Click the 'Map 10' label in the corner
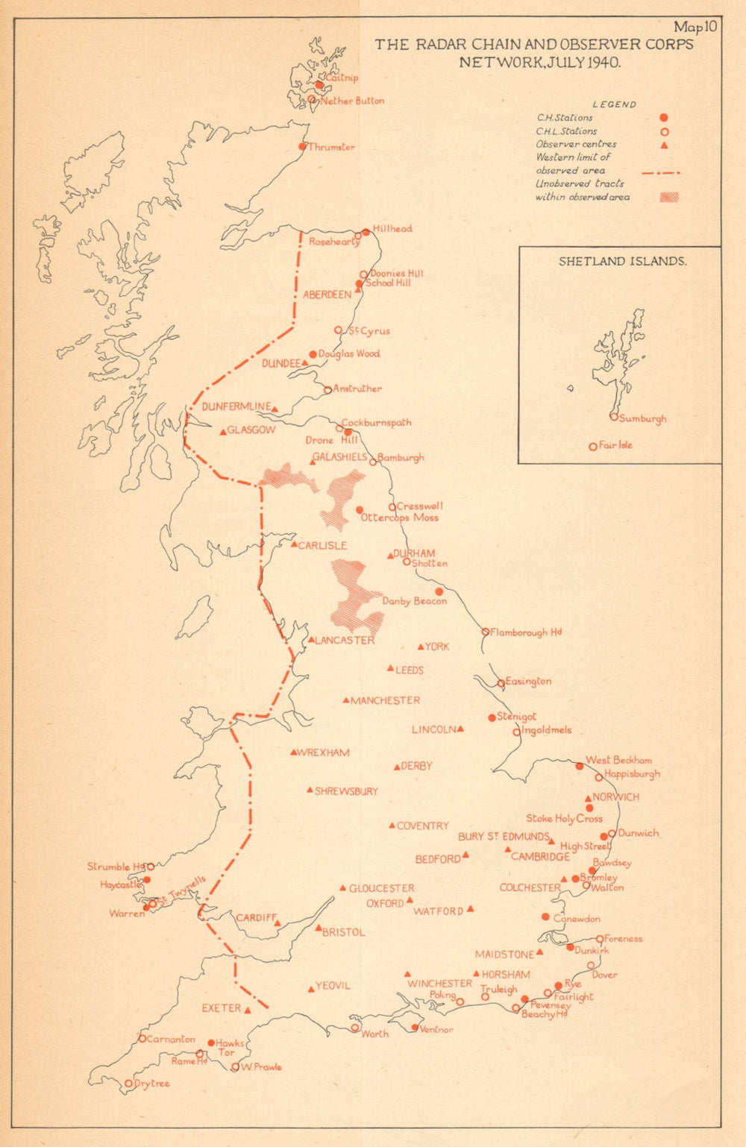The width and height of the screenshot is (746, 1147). click(695, 28)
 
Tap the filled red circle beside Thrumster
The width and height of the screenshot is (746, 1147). click(303, 147)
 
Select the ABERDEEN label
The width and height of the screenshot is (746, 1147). click(327, 295)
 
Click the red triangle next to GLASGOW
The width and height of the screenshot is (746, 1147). click(222, 432)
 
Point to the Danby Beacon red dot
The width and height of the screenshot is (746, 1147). click(439, 591)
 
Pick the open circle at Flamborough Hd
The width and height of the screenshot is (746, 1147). click(486, 632)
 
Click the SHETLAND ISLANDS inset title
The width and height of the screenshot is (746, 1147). click(622, 262)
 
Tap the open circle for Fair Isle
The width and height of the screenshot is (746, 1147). click(593, 447)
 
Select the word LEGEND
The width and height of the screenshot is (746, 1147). click(614, 105)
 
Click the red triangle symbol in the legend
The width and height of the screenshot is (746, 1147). click(663, 145)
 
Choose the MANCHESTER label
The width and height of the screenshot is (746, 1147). click(385, 700)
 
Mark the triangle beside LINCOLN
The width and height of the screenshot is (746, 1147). click(461, 729)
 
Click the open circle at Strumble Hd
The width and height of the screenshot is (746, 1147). click(150, 867)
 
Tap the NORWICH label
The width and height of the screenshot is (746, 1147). click(615, 797)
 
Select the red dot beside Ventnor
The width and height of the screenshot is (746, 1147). click(415, 1027)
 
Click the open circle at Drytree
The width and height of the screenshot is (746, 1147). click(128, 1083)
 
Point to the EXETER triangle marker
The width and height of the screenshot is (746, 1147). click(248, 1010)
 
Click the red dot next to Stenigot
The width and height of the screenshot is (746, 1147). click(492, 717)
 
